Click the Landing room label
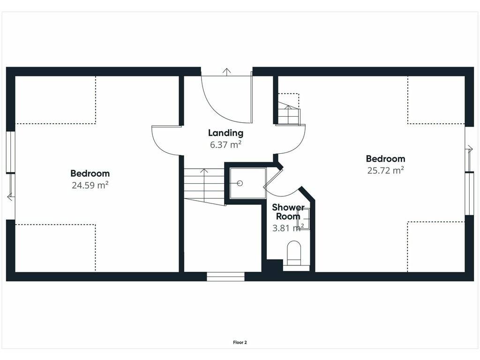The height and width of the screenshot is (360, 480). [x=225, y=133]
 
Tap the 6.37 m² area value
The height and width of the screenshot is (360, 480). [x=225, y=144]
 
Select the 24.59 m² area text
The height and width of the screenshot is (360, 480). [x=90, y=185]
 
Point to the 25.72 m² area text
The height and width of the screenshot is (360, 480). [x=385, y=170]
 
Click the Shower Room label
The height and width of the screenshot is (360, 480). [x=288, y=212]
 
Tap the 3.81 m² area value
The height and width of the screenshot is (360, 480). [x=288, y=228]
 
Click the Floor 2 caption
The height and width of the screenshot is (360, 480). [x=240, y=343]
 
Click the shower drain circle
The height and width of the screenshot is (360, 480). [x=240, y=183]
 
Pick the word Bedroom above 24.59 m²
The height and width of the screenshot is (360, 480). [x=90, y=173]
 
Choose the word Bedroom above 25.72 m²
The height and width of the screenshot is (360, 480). [x=385, y=159]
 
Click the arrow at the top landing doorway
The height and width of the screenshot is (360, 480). [x=226, y=72]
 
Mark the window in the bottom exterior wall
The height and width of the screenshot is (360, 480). [x=225, y=277]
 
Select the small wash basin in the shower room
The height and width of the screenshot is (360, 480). [x=304, y=219]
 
